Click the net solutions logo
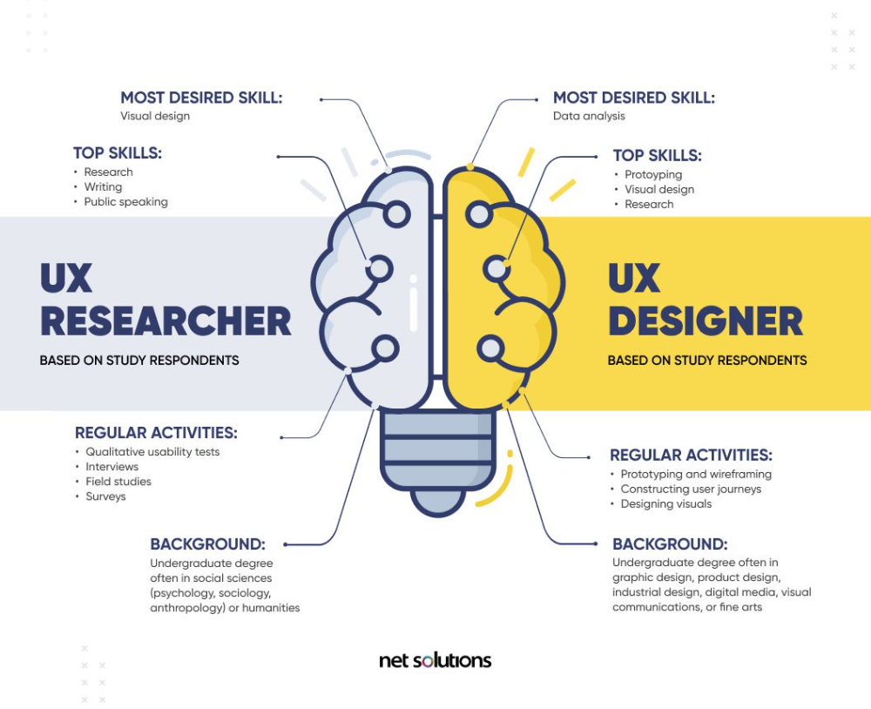click(x=435, y=660)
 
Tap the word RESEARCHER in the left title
click(x=165, y=321)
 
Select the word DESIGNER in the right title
click(x=706, y=321)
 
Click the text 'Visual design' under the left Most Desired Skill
click(x=155, y=116)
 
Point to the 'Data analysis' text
click(x=589, y=116)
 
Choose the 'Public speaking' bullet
click(x=125, y=202)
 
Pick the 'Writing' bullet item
click(x=103, y=187)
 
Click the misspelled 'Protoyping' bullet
click(x=653, y=174)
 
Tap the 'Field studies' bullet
click(x=118, y=482)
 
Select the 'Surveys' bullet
click(x=105, y=496)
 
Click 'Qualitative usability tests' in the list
click(x=152, y=452)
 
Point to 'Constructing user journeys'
click(x=691, y=489)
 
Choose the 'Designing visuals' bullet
click(x=666, y=504)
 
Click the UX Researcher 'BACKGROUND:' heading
click(x=208, y=544)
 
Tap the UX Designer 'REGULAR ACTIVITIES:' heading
click(x=691, y=455)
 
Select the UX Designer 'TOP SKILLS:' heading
click(x=657, y=156)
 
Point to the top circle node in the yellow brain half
click(x=479, y=214)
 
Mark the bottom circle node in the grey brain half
click(x=384, y=349)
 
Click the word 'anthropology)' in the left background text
click(x=187, y=608)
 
